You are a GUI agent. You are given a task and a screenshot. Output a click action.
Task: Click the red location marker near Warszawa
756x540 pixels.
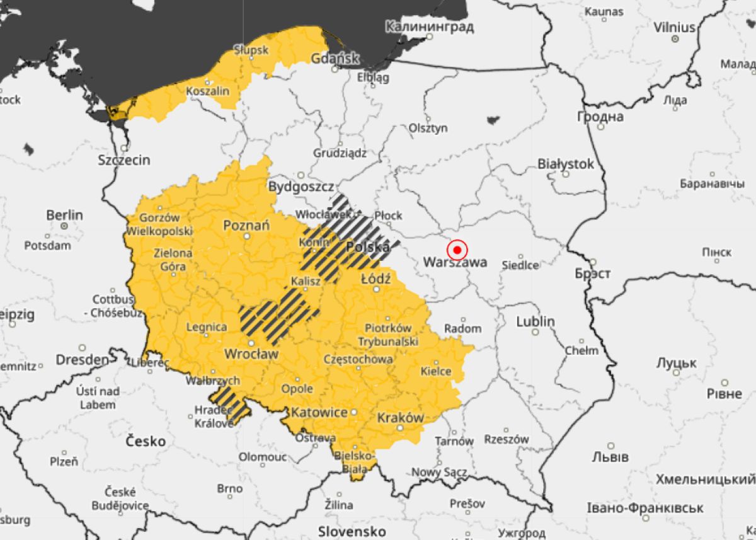457,250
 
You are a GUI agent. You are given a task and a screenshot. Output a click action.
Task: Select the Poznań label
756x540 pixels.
246,225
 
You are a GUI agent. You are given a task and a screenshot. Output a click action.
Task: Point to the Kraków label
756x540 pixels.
400,417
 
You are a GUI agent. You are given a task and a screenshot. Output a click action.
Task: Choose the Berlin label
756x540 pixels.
64,215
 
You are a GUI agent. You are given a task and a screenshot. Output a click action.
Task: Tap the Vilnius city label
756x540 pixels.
674,28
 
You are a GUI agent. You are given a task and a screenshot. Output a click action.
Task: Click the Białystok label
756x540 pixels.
565,164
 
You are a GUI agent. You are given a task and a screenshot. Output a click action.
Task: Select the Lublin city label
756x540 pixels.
535,321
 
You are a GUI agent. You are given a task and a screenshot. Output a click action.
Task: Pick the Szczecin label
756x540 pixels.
124,160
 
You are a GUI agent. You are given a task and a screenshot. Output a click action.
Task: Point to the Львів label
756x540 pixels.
610,457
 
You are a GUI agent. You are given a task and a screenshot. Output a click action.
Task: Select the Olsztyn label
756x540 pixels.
428,128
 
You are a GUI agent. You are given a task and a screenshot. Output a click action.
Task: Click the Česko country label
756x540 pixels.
146,440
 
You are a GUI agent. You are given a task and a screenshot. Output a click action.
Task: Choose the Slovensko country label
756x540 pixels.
352,530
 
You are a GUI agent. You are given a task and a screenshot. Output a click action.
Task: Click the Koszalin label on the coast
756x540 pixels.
207,91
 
